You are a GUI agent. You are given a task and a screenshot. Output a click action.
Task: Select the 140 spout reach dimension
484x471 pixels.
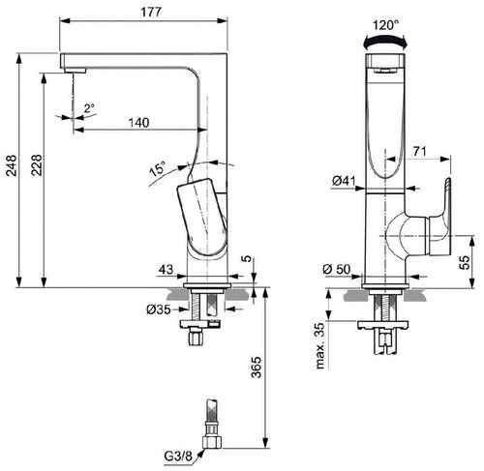click(x=140, y=122)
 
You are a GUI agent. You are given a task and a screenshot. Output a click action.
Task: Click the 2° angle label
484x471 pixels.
click(x=89, y=109)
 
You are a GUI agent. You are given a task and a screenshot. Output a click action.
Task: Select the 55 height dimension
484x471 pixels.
click(x=464, y=261)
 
